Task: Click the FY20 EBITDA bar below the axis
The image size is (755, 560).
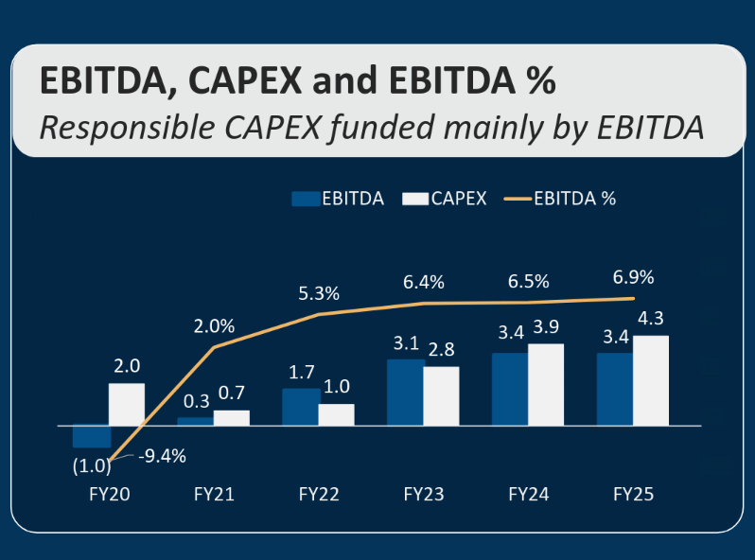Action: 92,436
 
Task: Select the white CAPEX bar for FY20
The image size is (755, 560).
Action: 127,404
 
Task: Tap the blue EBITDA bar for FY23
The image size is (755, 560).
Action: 405,392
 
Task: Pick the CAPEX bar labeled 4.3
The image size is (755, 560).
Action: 651,380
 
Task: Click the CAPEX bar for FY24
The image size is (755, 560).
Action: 546,384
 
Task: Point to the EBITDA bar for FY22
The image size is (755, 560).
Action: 300,407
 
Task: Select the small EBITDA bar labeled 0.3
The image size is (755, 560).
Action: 196,421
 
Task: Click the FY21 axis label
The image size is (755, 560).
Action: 214,494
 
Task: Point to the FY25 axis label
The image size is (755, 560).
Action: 633,494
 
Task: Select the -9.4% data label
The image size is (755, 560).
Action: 162,456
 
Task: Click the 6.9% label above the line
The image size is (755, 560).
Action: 633,277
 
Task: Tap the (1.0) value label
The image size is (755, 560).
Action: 91,465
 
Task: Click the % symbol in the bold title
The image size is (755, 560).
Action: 540,81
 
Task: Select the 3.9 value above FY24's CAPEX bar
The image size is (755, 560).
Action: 547,326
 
